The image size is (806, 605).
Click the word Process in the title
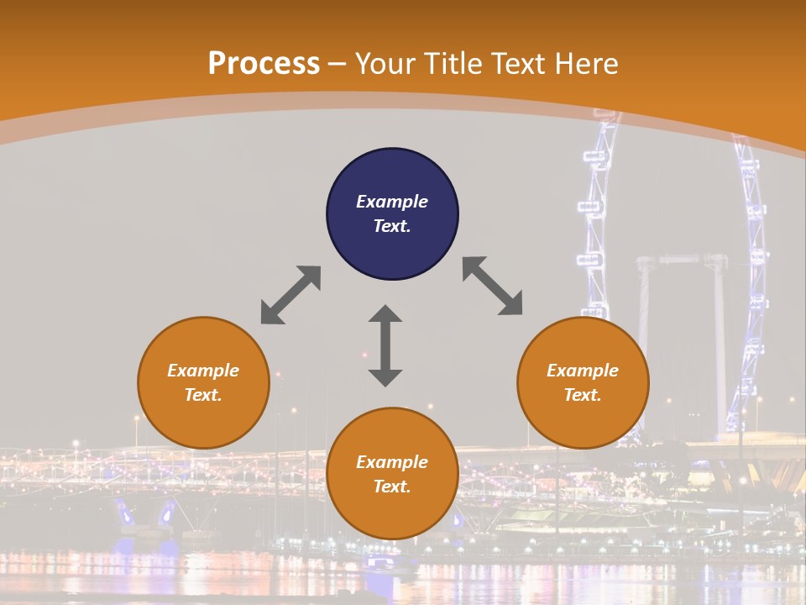264,63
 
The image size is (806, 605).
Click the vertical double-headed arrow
385,345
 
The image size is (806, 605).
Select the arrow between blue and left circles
290,295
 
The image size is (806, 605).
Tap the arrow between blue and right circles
493,287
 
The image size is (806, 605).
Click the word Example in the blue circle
392,202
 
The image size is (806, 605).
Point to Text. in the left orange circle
203,395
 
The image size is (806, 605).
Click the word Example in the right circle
583,371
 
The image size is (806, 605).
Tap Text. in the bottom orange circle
392,487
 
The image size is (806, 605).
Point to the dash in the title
338,64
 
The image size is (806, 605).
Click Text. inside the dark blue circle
392,226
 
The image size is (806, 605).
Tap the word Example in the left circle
203,371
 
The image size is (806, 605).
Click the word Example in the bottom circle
392,462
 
